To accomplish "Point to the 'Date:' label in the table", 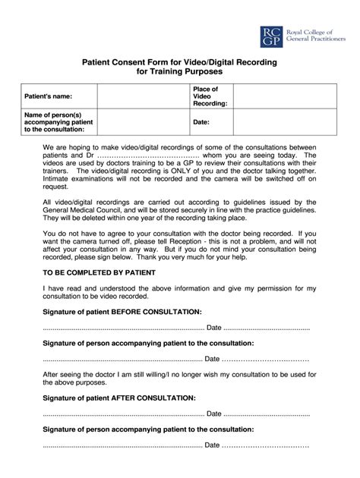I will tap(201, 121).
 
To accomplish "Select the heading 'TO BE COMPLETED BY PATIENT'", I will tap(99, 271).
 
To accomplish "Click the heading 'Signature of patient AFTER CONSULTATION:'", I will tap(118, 398).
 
